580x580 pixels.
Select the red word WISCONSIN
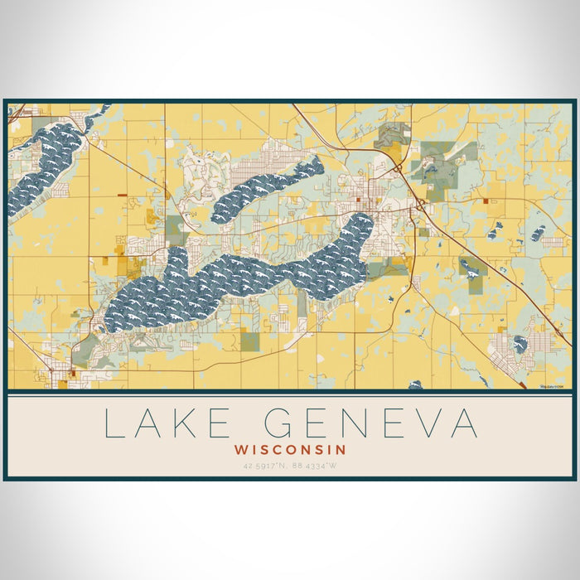(x=290, y=449)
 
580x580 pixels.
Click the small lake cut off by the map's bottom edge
(x=414, y=384)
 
